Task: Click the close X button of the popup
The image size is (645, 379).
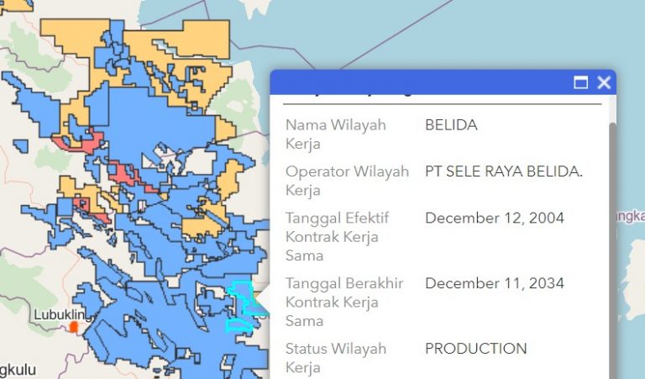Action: [x=603, y=82]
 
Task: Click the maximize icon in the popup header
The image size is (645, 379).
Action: [x=580, y=82]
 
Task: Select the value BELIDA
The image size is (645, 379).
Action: [x=451, y=125]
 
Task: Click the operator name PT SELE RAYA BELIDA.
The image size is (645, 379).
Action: [x=503, y=172]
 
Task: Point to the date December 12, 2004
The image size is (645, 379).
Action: [x=495, y=218]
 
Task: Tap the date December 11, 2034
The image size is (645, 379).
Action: [x=495, y=283]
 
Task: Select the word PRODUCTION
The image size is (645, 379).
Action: [x=475, y=349]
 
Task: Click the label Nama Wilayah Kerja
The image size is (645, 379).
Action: [x=335, y=134]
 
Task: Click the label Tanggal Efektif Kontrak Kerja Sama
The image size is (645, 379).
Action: [x=337, y=236]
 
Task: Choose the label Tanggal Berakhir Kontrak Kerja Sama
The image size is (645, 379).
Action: [x=344, y=302]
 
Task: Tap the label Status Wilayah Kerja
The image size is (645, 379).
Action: [x=335, y=357]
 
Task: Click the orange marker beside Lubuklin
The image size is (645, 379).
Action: [x=74, y=325]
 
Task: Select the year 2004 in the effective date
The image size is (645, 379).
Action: [x=547, y=218]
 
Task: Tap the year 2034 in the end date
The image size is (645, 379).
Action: [x=547, y=283]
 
